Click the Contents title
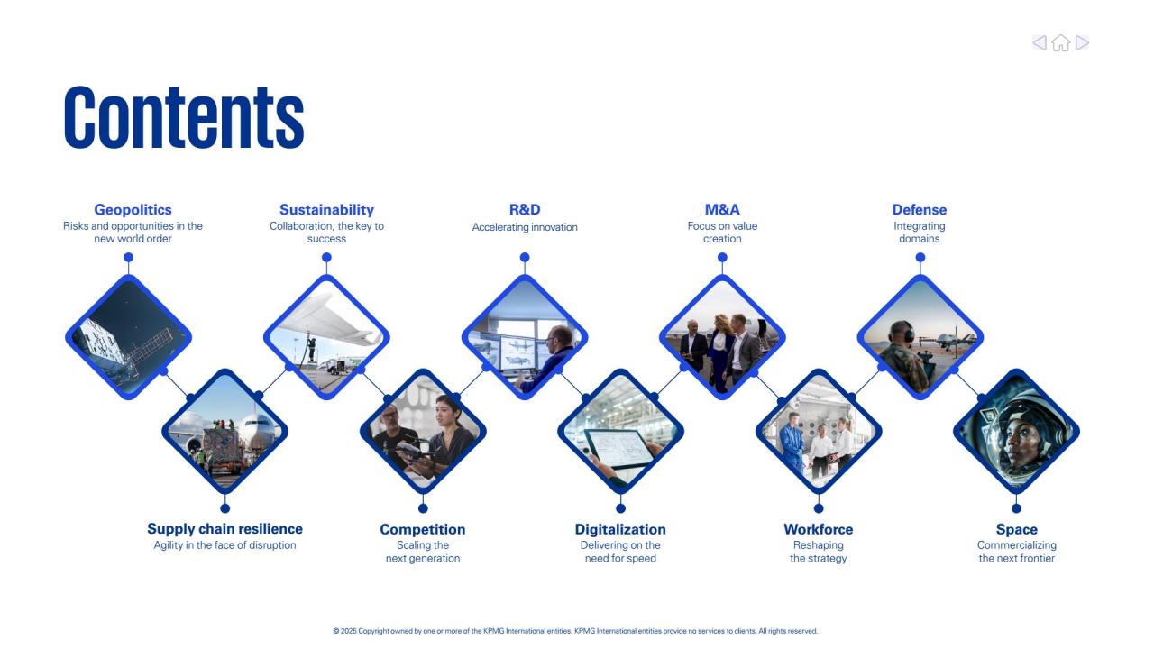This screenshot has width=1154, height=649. coord(184,117)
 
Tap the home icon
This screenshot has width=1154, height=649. coord(1061,42)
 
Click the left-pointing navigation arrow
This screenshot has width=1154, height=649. coord(1040,42)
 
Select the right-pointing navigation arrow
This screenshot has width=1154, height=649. coord(1083,42)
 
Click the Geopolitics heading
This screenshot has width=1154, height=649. coord(133,210)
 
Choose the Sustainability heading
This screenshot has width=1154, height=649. coord(326,210)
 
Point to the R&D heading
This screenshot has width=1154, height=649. coord(525,210)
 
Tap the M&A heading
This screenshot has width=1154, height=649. coord(722,210)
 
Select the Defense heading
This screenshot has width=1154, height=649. coord(920,210)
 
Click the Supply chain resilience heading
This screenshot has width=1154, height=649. coord(225,529)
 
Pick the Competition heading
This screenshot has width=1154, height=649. coord(423,529)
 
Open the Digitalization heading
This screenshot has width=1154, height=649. coord(620,529)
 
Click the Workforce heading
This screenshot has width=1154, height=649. coord(818,529)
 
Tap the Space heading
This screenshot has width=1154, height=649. coord(1016,529)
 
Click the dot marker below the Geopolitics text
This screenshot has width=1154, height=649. coord(129,257)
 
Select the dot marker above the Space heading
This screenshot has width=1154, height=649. coord(1016,508)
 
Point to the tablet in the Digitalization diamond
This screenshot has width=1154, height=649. coord(618,448)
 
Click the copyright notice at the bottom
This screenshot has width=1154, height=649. coord(575,631)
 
